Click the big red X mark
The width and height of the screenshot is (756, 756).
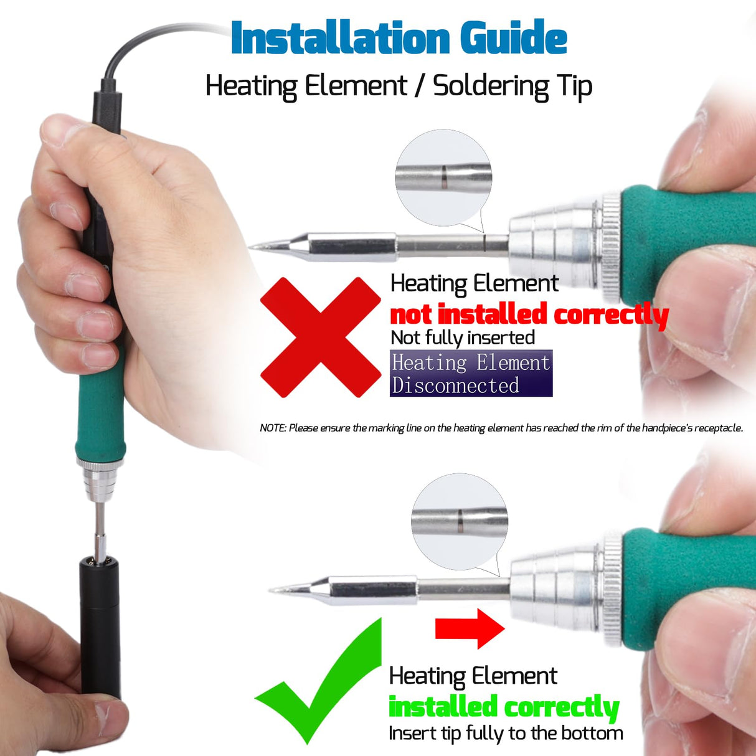pyautogui.click(x=320, y=337)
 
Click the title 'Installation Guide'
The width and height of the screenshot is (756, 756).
pyautogui.click(x=399, y=38)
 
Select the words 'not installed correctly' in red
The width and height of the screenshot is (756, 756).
pyautogui.click(x=529, y=314)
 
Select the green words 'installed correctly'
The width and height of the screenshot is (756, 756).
pyautogui.click(x=503, y=707)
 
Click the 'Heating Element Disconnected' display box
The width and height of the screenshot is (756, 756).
pyautogui.click(x=471, y=374)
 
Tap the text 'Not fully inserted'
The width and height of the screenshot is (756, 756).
pyautogui.click(x=463, y=338)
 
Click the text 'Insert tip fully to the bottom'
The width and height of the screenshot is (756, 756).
pyautogui.click(x=506, y=734)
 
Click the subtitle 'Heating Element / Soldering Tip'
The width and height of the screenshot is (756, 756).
pyautogui.click(x=399, y=86)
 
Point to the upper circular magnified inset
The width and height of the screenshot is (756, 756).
pyautogui.click(x=443, y=178)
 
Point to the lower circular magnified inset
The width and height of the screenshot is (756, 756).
pyautogui.click(x=460, y=522)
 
